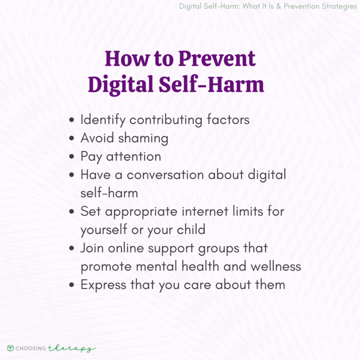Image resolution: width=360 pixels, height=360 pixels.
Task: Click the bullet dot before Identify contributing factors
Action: click(72, 121)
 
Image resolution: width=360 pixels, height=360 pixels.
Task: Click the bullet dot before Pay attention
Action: click(72, 157)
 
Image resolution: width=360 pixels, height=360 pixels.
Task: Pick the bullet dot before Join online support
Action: click(72, 248)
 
